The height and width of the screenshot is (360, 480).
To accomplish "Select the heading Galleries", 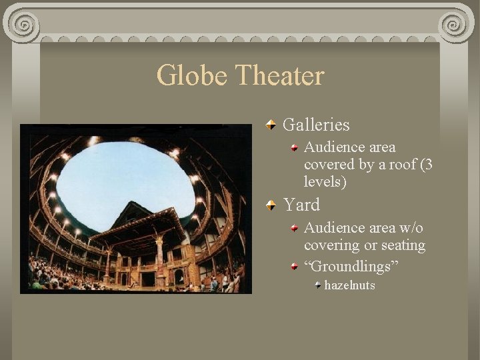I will coord(316,125).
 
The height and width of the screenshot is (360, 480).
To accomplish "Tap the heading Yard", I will coord(301,205).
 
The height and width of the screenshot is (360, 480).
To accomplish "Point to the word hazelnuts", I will coord(349,285).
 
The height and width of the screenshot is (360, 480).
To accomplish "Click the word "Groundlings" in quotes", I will coord(351,267).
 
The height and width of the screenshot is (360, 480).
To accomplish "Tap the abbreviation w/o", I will coord(411,228).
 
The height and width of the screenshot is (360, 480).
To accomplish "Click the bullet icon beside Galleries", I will coord(270,125).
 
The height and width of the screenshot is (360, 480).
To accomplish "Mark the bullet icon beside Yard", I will coord(270,205).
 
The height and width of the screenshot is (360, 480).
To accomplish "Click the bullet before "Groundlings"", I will coord(295,266).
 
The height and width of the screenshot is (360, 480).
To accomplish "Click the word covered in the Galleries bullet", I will coord(327,165).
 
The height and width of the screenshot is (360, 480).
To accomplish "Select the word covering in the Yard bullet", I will coord(329,245).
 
